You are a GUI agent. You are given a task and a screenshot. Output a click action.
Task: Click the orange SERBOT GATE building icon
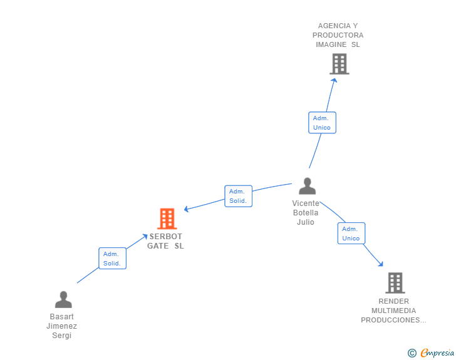167,219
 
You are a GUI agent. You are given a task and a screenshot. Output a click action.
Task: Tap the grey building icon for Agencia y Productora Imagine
339,64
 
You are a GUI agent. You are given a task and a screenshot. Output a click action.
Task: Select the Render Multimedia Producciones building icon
395,283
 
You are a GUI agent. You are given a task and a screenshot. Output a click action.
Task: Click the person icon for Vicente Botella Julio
307,186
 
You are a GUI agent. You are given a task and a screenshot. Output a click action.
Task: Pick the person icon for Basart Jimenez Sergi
63,299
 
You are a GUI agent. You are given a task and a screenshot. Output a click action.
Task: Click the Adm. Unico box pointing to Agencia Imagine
322,123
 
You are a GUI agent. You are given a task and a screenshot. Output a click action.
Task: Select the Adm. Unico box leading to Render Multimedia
351,234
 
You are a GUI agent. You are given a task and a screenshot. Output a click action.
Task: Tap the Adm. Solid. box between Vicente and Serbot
238,196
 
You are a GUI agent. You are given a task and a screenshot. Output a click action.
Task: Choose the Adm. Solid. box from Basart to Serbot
112,259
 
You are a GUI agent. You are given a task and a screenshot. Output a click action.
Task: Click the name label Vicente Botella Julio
306,213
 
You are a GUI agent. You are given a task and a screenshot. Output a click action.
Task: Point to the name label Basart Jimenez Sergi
62,326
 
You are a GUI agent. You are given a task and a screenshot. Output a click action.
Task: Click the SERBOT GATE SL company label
166,241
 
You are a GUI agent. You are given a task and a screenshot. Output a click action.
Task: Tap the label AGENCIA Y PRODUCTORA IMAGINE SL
338,35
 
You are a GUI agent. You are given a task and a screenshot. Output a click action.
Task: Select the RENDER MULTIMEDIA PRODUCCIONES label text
393,311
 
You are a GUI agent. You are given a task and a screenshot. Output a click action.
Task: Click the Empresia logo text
437,353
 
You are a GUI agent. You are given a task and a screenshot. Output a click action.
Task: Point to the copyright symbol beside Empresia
412,353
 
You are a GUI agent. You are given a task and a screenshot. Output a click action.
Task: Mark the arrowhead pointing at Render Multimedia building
380,264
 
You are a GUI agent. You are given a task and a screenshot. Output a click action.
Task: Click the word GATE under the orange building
158,246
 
